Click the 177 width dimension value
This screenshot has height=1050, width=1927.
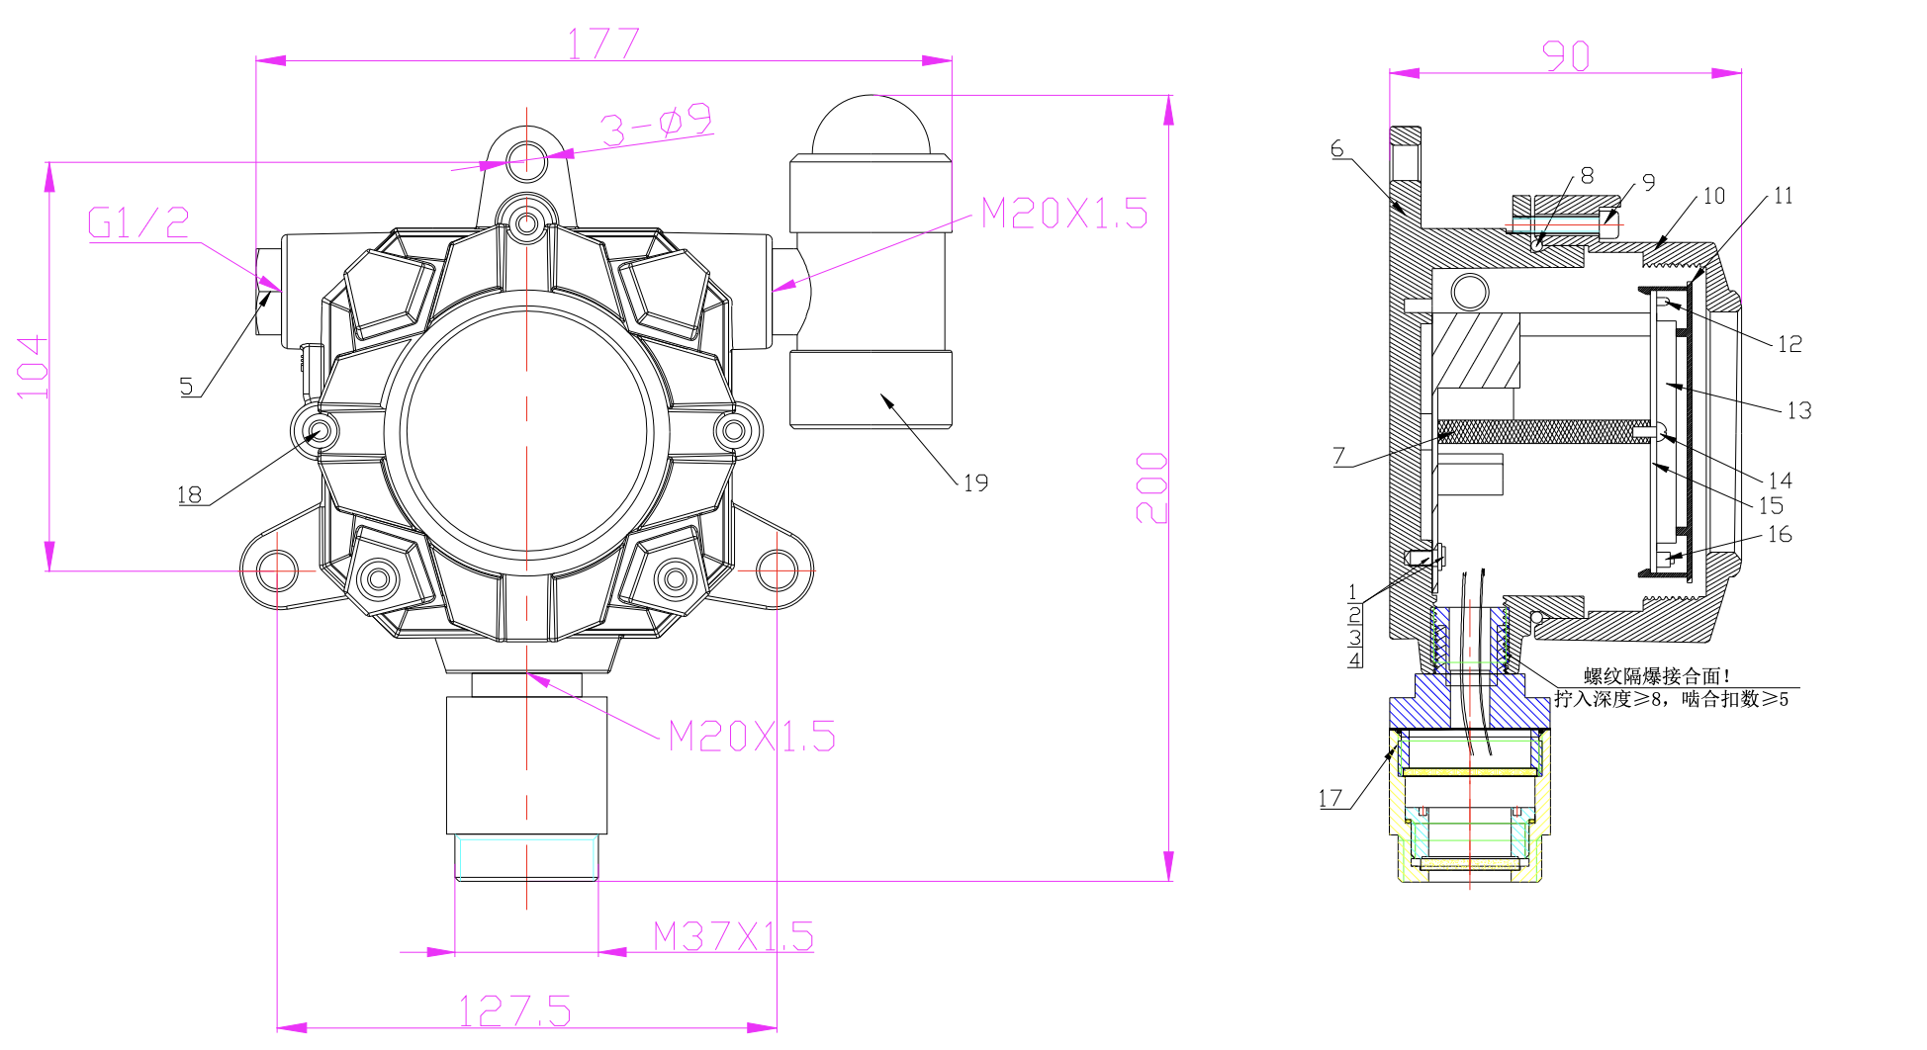[x=602, y=44]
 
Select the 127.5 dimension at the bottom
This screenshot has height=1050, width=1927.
[x=514, y=1010]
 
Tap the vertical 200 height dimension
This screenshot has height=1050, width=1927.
[x=1152, y=487]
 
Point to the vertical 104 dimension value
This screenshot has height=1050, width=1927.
[x=33, y=367]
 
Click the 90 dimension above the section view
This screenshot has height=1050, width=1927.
[x=1566, y=55]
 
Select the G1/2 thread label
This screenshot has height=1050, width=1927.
[x=138, y=222]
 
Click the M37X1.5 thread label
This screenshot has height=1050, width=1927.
[x=733, y=935]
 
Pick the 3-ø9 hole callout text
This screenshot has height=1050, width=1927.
[x=656, y=125]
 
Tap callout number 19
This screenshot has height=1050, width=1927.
[x=975, y=482]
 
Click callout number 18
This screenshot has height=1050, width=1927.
[x=189, y=494]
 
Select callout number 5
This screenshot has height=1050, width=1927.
[x=186, y=386]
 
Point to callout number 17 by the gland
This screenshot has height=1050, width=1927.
[x=1331, y=798]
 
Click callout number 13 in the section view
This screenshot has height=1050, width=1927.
[x=1798, y=410]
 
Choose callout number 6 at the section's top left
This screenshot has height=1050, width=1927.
[x=1337, y=148]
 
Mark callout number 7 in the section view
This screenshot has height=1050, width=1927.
[x=1338, y=456]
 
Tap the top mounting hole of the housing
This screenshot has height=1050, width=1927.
[x=526, y=160]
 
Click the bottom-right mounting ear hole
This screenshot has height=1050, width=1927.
[x=777, y=570]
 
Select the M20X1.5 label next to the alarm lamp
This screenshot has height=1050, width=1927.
[x=1064, y=213]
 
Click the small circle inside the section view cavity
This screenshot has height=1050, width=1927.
[x=1470, y=292]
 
